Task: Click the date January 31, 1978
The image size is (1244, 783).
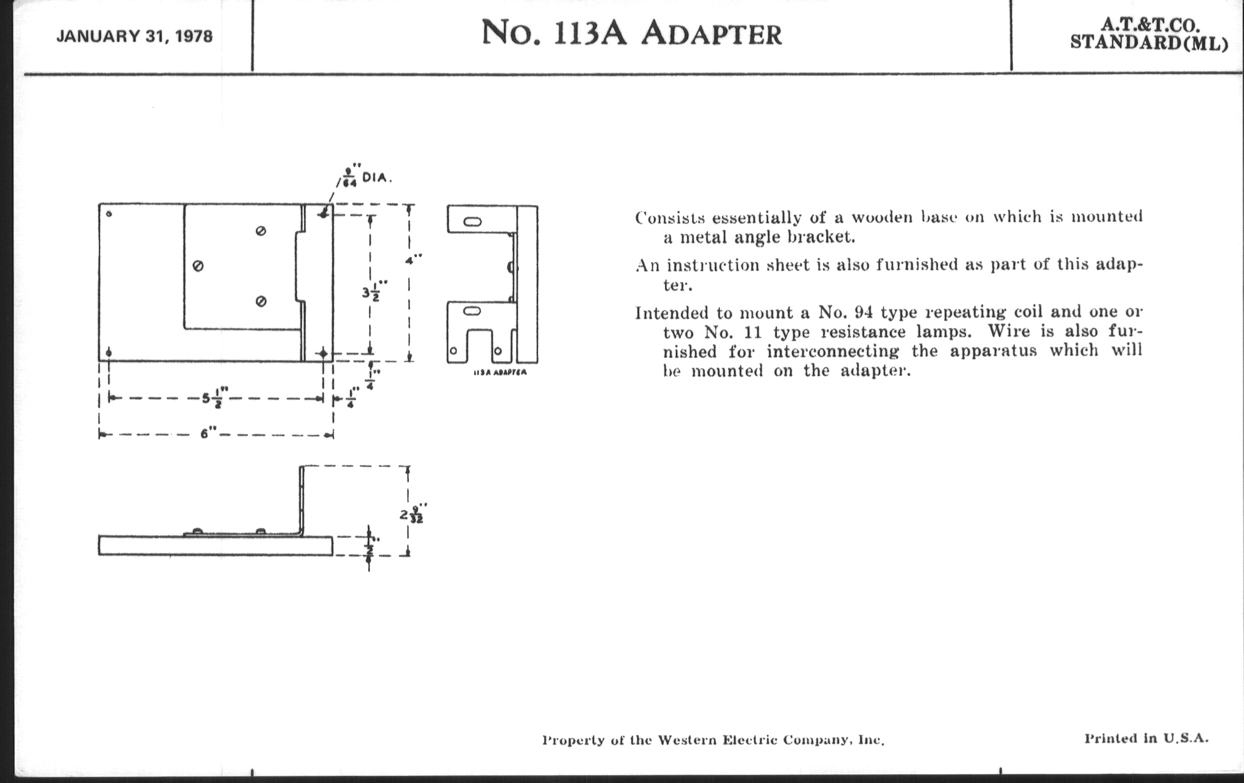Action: coord(135,37)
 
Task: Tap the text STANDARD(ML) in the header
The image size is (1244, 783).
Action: coord(1149,43)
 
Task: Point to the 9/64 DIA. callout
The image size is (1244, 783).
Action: coord(364,177)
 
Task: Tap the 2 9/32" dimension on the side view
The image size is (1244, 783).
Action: coord(413,514)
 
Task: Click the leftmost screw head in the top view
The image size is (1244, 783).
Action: coord(197,266)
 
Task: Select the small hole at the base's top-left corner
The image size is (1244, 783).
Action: coord(108,213)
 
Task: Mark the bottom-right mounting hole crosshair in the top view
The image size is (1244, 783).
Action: coord(323,354)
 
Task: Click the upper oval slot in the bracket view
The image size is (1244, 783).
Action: coord(472,222)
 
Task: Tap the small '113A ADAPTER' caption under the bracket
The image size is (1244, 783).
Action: coord(500,373)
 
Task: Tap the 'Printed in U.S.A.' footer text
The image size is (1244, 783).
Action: coord(1146,738)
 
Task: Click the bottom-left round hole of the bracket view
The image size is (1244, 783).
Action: coord(454,351)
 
